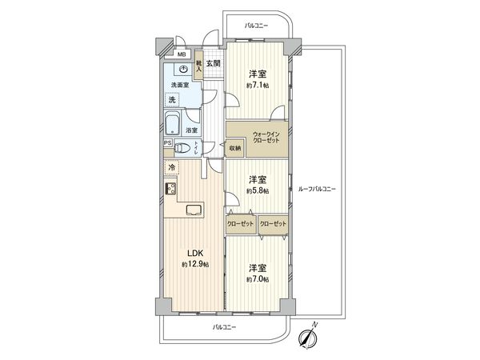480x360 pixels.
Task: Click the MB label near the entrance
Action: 182,55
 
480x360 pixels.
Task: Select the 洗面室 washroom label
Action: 180,86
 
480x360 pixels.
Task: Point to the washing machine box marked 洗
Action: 174,100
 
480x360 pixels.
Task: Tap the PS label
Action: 168,143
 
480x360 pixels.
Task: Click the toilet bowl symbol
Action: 182,147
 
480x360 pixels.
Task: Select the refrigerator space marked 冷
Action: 171,167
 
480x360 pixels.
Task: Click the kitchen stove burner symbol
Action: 171,189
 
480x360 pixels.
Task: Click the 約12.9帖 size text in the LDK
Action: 195,264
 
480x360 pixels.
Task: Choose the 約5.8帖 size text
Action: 257,191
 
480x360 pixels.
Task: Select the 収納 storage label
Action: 234,147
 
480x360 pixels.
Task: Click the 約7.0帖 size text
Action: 257,279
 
